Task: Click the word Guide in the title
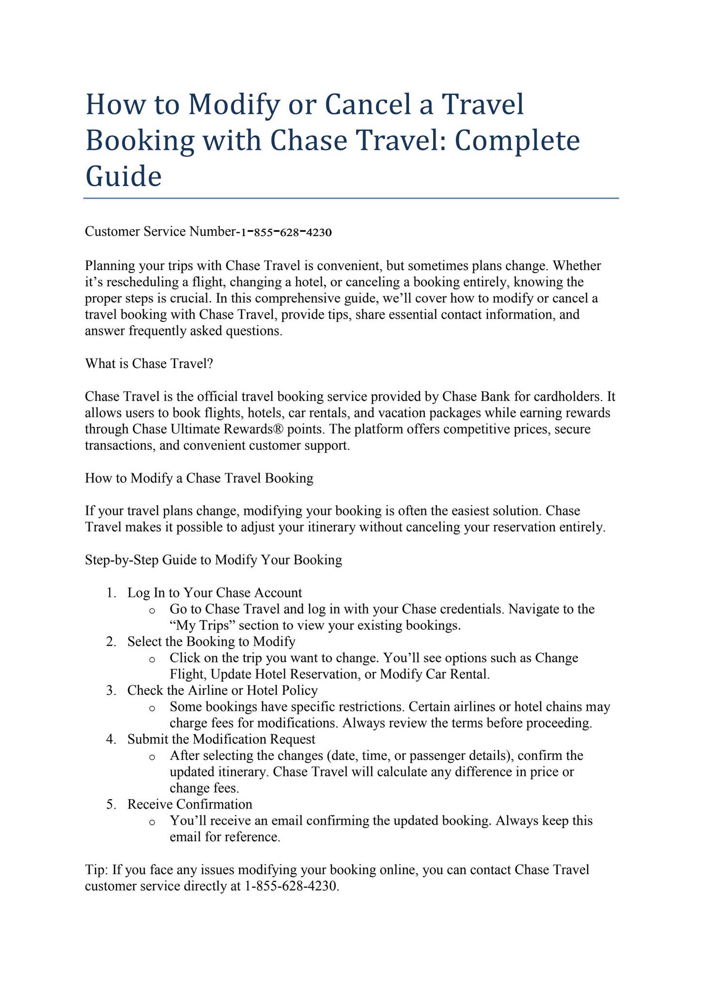tap(123, 176)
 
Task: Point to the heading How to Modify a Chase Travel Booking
tap(199, 478)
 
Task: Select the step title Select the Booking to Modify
tap(211, 641)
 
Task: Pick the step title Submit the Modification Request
tap(221, 739)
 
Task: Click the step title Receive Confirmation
tap(190, 804)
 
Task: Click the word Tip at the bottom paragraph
tap(95, 869)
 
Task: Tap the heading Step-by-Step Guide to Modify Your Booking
tap(214, 560)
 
